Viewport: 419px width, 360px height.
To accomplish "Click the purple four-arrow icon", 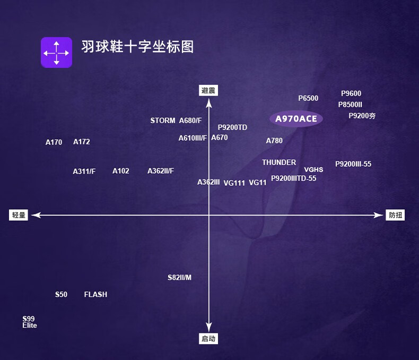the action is click(x=56, y=52).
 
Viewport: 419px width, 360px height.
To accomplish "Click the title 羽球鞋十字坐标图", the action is click(x=137, y=46).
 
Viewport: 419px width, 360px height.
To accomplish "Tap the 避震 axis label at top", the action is click(x=209, y=91).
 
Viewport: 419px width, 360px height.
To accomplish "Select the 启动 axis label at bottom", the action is click(x=209, y=338).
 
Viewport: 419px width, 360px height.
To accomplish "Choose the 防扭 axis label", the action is click(x=396, y=215).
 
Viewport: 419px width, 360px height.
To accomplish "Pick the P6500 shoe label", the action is click(x=308, y=98).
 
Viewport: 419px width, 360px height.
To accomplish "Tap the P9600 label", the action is click(x=351, y=93).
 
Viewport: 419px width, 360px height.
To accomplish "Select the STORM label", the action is click(x=163, y=121).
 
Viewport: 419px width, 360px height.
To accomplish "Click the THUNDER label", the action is click(x=279, y=162).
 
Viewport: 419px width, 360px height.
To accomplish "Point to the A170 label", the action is click(x=54, y=142).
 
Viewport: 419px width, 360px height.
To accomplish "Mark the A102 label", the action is click(x=121, y=171).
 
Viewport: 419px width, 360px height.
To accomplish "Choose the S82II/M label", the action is click(x=179, y=278).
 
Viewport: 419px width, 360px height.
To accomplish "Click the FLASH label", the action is click(x=95, y=295).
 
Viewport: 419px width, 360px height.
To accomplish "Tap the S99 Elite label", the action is click(x=29, y=322).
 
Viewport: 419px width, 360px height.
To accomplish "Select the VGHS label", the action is click(x=313, y=170).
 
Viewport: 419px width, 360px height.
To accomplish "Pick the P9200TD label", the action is click(x=232, y=127).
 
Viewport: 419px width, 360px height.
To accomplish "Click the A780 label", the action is click(x=274, y=141).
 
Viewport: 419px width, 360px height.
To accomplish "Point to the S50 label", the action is click(x=61, y=295).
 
